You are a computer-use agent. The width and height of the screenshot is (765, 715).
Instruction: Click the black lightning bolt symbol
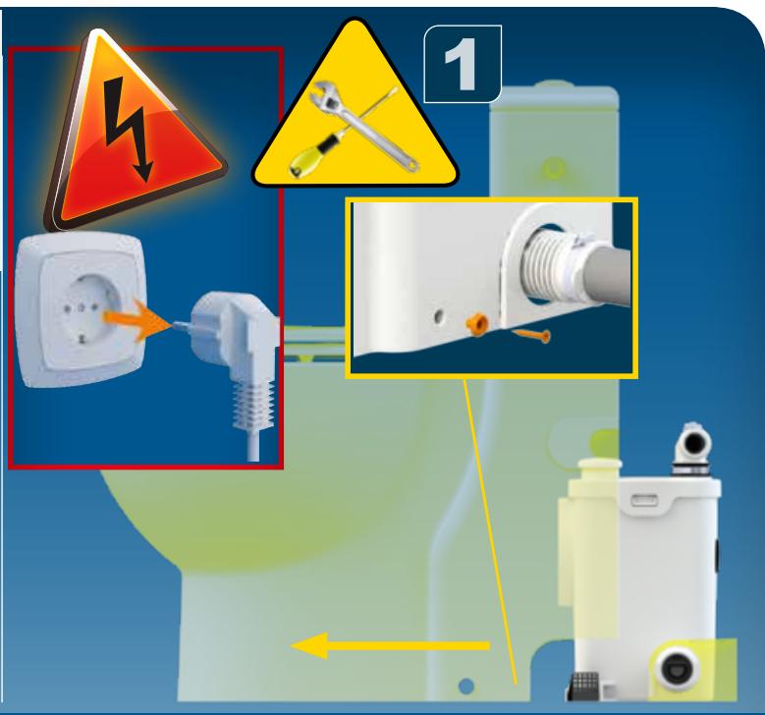coord(128,128)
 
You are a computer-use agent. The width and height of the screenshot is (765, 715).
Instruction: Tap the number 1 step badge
coord(463,64)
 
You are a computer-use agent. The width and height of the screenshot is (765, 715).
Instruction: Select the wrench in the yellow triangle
coord(366,127)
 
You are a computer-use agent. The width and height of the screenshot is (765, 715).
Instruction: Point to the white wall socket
coord(80,309)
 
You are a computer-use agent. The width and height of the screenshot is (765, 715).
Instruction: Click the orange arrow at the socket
coord(136,319)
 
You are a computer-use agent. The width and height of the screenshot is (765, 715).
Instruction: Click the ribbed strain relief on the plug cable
coord(251,405)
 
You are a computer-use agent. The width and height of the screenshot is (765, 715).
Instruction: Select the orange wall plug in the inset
coord(474,324)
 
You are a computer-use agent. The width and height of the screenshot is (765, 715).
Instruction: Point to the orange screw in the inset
coord(532,335)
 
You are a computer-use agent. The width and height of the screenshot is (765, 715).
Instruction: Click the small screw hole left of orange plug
coord(439,317)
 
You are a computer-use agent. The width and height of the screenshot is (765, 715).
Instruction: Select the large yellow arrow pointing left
coord(390,645)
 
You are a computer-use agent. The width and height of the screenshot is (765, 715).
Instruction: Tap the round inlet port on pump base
coord(678,669)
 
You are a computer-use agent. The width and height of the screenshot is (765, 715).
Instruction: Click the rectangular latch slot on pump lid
coord(645,500)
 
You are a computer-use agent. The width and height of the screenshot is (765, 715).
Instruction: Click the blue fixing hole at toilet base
coord(466,686)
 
